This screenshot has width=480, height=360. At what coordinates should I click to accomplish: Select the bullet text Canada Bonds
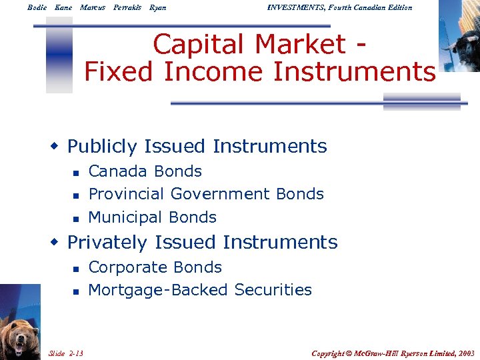click(145, 171)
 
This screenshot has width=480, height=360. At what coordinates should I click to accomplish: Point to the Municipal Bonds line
click(152, 217)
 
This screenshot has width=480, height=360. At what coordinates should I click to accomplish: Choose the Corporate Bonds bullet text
click(155, 267)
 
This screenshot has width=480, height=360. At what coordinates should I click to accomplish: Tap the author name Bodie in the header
click(37, 7)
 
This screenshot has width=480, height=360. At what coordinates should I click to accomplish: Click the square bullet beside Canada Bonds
click(76, 173)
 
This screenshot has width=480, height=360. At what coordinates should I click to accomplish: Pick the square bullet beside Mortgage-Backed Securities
click(76, 291)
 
